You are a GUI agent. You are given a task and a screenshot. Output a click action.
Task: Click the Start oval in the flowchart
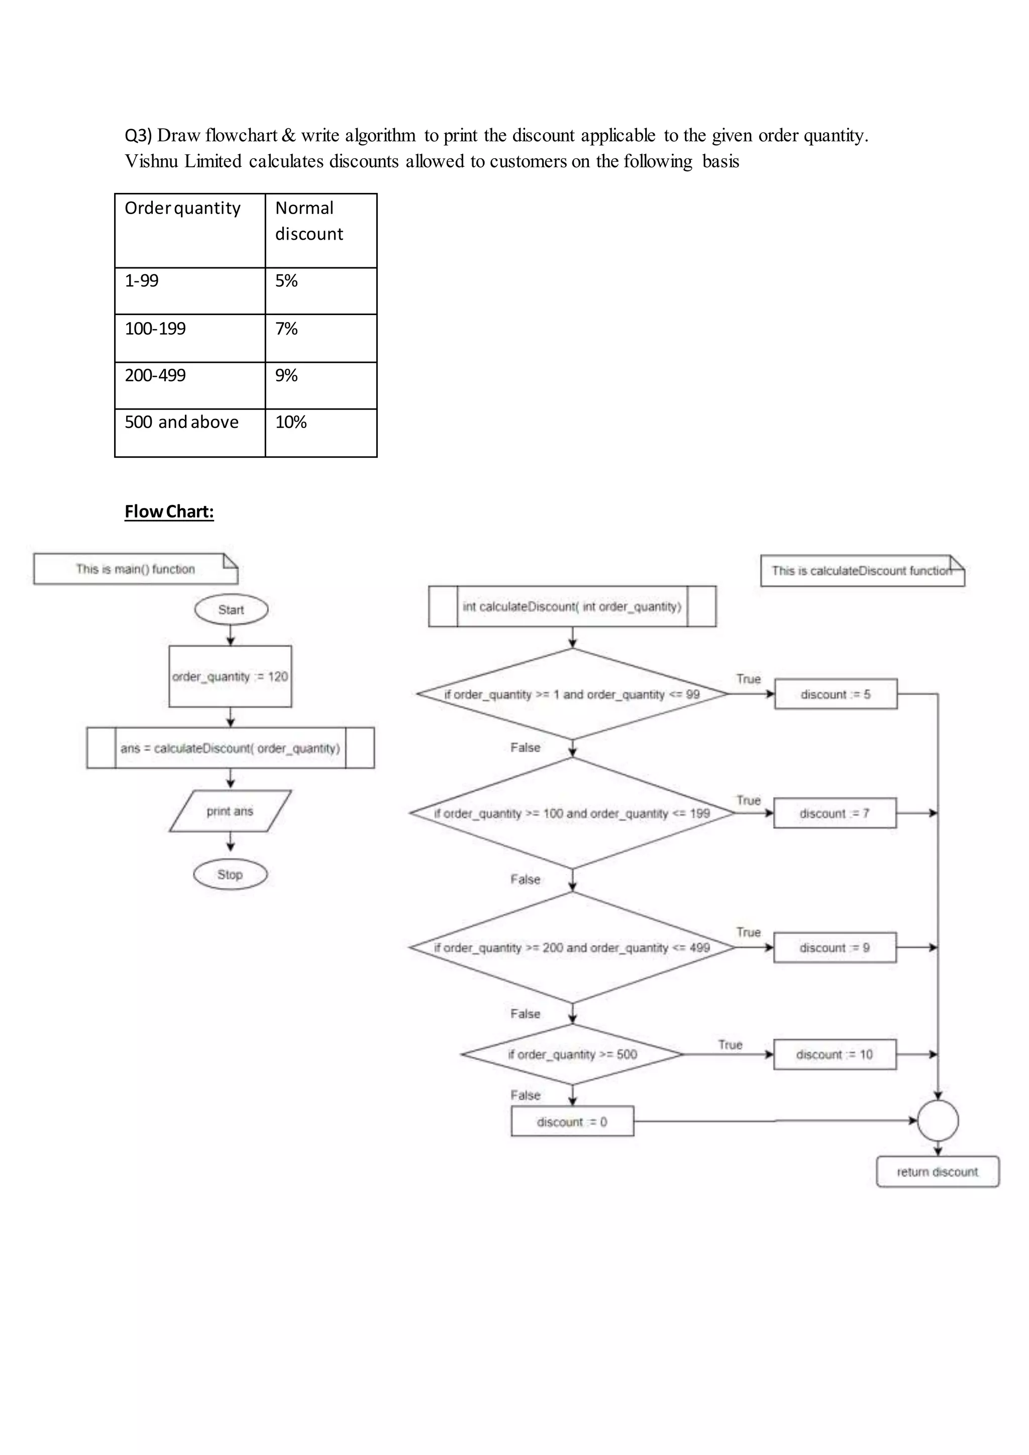[x=231, y=609]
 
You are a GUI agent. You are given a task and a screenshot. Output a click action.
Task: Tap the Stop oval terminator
[x=230, y=875]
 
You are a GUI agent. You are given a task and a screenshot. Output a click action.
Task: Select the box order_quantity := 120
[x=230, y=676]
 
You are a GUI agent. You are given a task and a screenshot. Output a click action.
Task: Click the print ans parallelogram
[x=230, y=811]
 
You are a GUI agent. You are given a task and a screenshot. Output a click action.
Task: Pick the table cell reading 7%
[x=321, y=338]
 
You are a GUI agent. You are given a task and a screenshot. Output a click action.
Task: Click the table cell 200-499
[x=189, y=385]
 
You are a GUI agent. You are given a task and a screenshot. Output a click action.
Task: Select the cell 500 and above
[x=189, y=432]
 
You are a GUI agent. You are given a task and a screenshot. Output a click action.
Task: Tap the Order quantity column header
[x=189, y=230]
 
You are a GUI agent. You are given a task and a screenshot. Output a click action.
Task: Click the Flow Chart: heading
[x=169, y=511]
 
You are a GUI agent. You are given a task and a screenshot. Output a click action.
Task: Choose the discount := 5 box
[x=835, y=694]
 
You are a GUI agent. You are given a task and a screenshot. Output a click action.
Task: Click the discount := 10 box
[x=835, y=1055]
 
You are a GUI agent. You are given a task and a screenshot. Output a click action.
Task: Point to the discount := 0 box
[x=572, y=1122]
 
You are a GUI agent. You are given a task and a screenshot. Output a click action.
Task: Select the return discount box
[x=937, y=1172]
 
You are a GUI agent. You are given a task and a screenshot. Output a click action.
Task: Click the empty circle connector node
[x=938, y=1120]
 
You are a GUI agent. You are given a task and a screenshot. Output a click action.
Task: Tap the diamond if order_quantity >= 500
[x=572, y=1055]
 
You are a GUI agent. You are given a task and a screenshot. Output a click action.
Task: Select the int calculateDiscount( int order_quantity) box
[x=572, y=606]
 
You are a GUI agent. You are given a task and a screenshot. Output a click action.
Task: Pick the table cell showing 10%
[x=321, y=432]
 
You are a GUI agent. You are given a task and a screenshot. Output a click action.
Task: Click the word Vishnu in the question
[x=151, y=161]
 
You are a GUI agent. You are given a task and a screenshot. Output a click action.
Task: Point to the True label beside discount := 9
[x=748, y=932]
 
